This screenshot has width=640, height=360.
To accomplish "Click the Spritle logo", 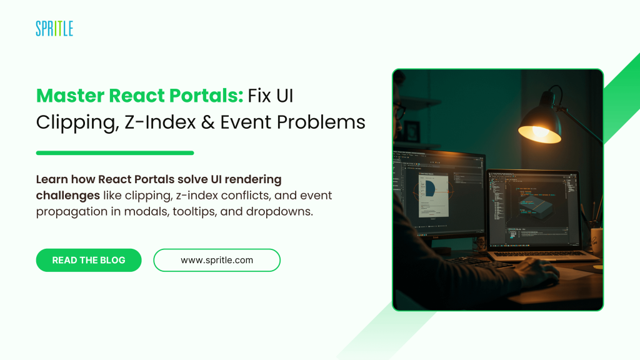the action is (x=54, y=29).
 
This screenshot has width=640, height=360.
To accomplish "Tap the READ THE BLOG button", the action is (x=89, y=260).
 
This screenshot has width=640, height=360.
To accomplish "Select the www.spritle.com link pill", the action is (x=217, y=260).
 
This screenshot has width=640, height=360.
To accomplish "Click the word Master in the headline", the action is (x=70, y=96).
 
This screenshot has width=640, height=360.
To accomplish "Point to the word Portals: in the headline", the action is (x=206, y=96).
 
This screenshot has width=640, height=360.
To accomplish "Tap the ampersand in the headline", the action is (x=207, y=122).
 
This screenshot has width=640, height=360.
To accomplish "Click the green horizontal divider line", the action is (x=115, y=153).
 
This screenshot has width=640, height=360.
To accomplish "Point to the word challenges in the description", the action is (x=67, y=196).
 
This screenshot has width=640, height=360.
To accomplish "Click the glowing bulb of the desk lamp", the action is (x=539, y=132).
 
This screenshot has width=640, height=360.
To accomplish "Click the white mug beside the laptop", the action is (x=597, y=242).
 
